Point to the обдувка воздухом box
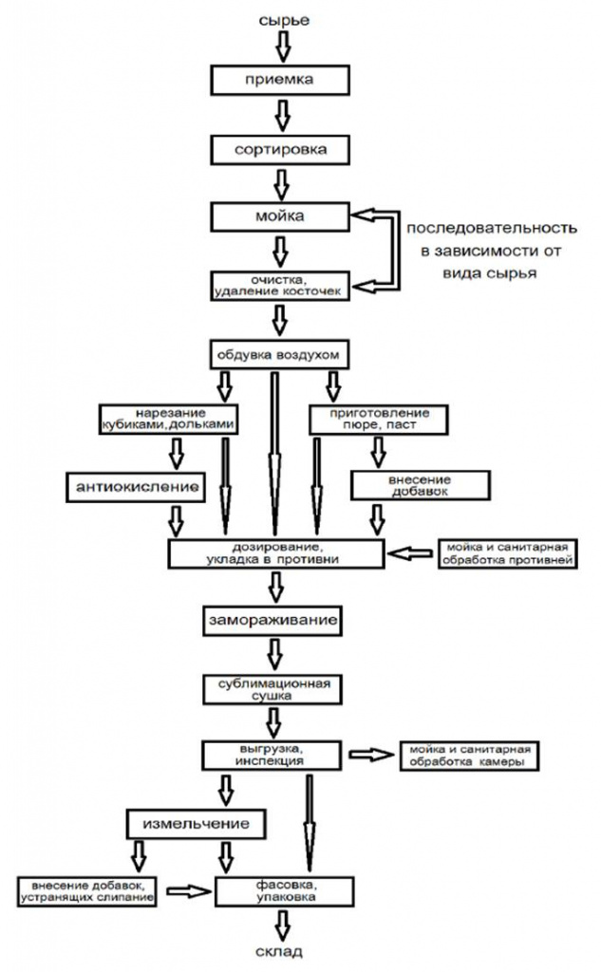click(x=279, y=354)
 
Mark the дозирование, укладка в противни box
click(x=276, y=552)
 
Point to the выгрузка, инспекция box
click(x=272, y=756)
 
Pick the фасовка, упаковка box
click(x=276, y=889)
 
